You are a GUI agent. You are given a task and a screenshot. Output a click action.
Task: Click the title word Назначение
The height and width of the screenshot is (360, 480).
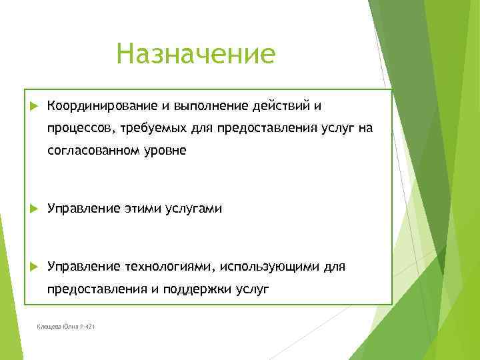click(195, 54)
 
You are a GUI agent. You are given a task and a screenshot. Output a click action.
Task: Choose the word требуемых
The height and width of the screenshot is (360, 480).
click(152, 129)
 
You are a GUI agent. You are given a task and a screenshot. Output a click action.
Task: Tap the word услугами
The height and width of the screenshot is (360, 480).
click(193, 209)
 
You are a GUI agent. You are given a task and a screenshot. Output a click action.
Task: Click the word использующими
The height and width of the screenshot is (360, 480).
click(267, 267)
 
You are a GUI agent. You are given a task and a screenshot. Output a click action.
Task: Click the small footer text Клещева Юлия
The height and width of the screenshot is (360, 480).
click(57, 326)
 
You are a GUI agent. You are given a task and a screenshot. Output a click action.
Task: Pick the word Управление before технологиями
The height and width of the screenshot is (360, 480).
click(83, 267)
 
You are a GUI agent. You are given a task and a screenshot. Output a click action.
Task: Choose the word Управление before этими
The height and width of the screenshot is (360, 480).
click(83, 209)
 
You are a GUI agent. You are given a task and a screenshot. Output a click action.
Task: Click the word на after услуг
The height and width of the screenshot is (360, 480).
click(365, 129)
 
